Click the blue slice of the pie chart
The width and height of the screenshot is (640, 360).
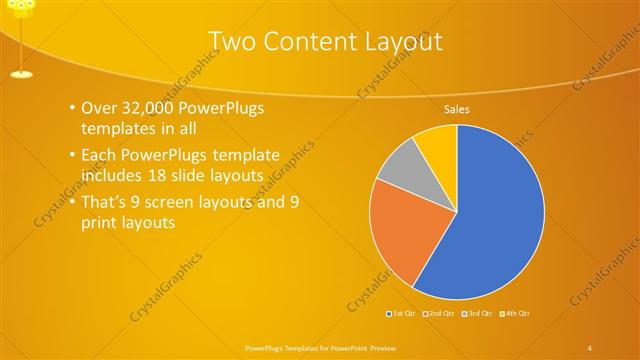495,215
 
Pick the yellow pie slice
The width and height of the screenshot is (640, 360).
438,143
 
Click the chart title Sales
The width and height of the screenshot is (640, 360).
457,109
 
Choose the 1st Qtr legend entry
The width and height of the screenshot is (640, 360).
403,313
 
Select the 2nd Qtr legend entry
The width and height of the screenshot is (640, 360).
442,313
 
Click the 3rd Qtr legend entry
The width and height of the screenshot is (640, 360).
479,313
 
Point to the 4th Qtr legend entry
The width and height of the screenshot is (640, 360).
516,313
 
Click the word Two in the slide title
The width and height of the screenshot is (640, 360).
236,41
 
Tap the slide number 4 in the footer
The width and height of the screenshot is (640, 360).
590,346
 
